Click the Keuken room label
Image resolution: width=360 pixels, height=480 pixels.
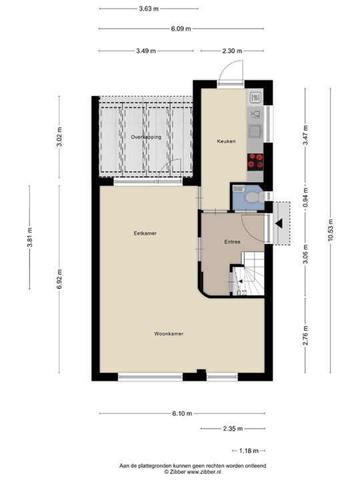(x=226, y=141)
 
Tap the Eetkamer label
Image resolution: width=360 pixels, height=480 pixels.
(x=145, y=233)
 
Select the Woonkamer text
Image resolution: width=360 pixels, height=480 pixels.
(x=169, y=333)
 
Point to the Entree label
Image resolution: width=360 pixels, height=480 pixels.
(x=232, y=242)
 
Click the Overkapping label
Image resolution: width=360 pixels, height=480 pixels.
(x=146, y=137)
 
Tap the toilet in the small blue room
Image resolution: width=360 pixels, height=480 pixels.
(x=251, y=197)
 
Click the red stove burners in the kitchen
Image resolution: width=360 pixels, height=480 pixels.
(x=254, y=159)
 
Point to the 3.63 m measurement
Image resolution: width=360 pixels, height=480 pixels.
(x=149, y=9)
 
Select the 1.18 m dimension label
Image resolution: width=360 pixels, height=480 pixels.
(x=250, y=450)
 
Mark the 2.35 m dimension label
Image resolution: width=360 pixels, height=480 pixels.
(x=233, y=429)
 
